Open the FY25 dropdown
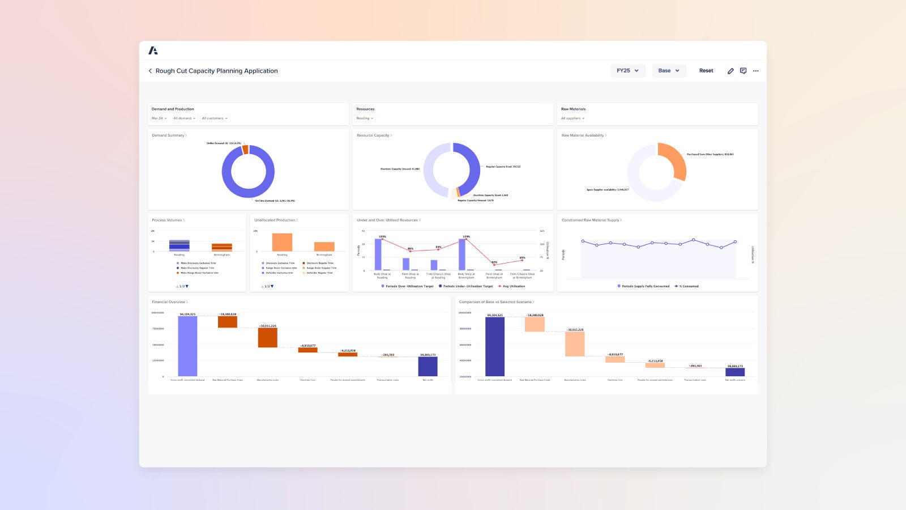[628, 71]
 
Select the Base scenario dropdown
[669, 71]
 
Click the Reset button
[706, 71]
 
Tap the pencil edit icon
[730, 71]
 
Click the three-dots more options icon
[756, 71]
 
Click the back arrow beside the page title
[150, 71]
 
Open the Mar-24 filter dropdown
[159, 118]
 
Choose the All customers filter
[215, 118]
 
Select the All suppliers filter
[572, 118]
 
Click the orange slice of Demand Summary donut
[245, 150]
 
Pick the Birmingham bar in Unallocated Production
[324, 246]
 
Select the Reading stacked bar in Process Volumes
[179, 245]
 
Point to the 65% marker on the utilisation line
[522, 261]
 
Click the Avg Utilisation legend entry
[513, 286]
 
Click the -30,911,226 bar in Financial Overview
[267, 338]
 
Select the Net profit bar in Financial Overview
[428, 366]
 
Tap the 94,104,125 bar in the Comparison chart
[494, 346]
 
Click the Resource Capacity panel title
[373, 135]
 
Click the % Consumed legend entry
[688, 286]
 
